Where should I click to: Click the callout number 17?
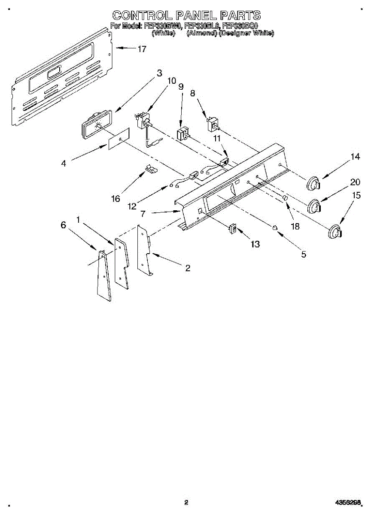coord(142,49)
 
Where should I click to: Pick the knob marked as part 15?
coord(334,231)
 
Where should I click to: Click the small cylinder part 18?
coord(284,198)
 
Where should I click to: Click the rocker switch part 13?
coord(234,228)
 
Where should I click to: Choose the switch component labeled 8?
coord(212,125)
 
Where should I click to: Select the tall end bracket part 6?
coord(103,275)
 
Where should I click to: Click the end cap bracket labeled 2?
coord(144,251)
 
